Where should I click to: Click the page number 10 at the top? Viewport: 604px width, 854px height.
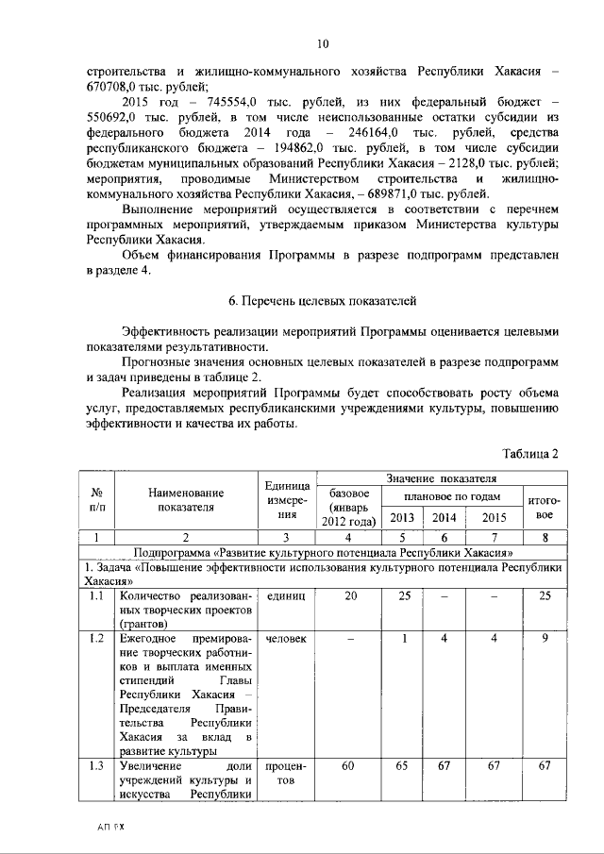coord(322,44)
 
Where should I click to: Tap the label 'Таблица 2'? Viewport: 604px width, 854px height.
coord(531,453)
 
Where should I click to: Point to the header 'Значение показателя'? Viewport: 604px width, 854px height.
coord(440,478)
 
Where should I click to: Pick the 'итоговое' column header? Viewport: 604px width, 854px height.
coord(545,509)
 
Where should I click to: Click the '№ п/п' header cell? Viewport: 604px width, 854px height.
coord(95,499)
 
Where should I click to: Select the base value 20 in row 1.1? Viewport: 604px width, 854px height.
coord(351,597)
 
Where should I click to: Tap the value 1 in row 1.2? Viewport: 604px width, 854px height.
coord(403,639)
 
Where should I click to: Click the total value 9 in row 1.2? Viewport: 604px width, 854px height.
coord(545,639)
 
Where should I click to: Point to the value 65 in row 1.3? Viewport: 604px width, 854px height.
coord(403,765)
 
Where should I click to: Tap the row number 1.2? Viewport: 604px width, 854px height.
coord(95,639)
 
